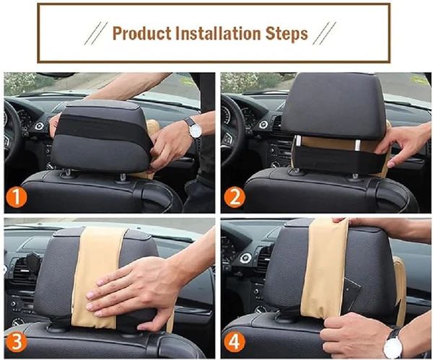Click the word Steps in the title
coord(287,33)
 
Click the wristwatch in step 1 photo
coord(193,128)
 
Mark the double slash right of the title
coord(325,33)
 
